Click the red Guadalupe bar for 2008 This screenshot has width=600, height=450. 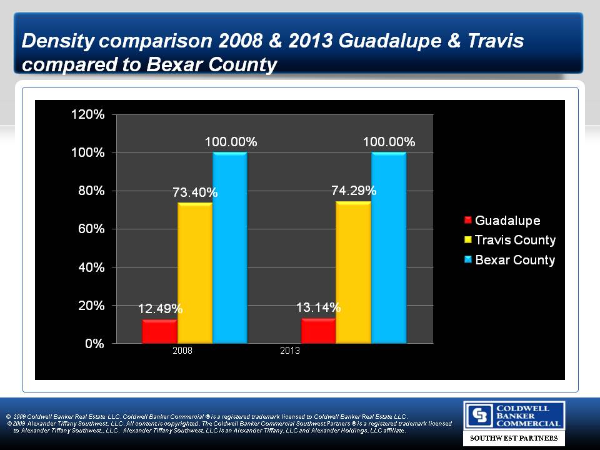click(x=159, y=331)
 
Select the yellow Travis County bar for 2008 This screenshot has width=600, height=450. click(x=194, y=272)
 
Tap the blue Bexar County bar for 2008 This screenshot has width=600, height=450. click(x=229, y=247)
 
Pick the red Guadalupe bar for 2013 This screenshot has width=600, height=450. click(x=318, y=331)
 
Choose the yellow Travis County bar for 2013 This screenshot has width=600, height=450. click(x=353, y=272)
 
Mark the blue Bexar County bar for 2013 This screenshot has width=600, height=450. click(x=388, y=247)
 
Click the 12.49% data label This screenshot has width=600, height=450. click(x=160, y=309)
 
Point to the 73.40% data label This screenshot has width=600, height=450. click(x=195, y=192)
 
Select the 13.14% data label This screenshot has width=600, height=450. click(x=318, y=307)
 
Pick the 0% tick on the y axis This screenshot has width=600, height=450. click(x=96, y=343)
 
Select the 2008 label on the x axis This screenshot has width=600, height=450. click(x=182, y=351)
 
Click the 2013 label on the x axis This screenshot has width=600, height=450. click(x=290, y=351)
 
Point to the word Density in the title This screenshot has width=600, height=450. click(x=55, y=42)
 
